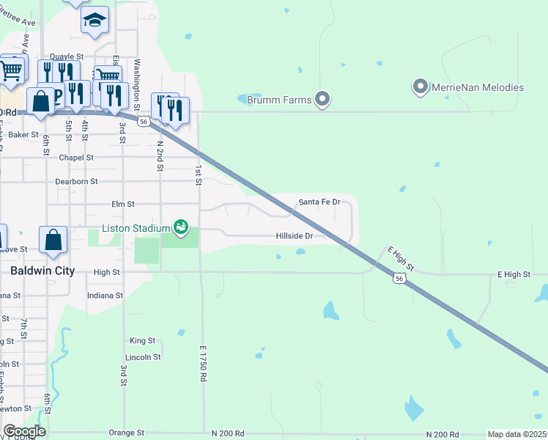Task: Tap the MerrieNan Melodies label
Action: pyautogui.click(x=478, y=87)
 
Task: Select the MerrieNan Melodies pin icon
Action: pyautogui.click(x=421, y=87)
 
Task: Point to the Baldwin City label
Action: pyautogui.click(x=42, y=271)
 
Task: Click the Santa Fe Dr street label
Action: pyautogui.click(x=319, y=202)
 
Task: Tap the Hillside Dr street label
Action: pyautogui.click(x=295, y=236)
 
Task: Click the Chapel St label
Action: pyautogui.click(x=77, y=158)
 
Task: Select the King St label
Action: pyautogui.click(x=142, y=341)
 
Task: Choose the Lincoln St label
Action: pyautogui.click(x=143, y=357)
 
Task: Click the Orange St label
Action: pyautogui.click(x=122, y=433)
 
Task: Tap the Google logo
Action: pyautogui.click(x=24, y=431)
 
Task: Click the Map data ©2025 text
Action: pyautogui.click(x=517, y=434)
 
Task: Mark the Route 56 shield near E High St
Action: pyautogui.click(x=398, y=279)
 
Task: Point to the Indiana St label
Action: pyautogui.click(x=104, y=296)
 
